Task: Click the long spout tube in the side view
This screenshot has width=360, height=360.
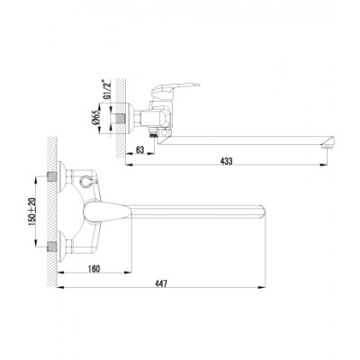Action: pyautogui.click(x=243, y=133)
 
